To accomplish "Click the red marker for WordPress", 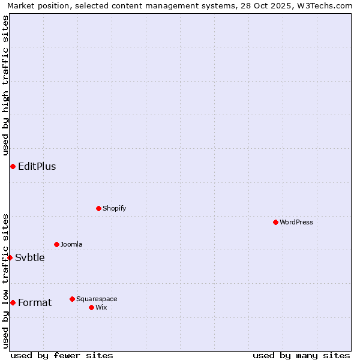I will pyautogui.click(x=275, y=222).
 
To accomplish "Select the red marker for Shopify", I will pyautogui.click(x=98, y=208).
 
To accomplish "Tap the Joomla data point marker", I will pyautogui.click(x=56, y=244).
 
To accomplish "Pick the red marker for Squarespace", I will pyautogui.click(x=72, y=299).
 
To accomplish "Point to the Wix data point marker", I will pyautogui.click(x=91, y=307).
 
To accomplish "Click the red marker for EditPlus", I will pyautogui.click(x=13, y=166).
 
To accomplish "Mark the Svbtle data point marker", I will pyautogui.click(x=10, y=257).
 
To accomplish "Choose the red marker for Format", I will pyautogui.click(x=13, y=302).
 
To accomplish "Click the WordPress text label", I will pyautogui.click(x=296, y=222).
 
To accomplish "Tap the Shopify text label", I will pyautogui.click(x=114, y=208).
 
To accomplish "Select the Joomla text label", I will pyautogui.click(x=71, y=244).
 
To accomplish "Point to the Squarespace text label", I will pyautogui.click(x=97, y=299).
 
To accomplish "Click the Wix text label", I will pyautogui.click(x=101, y=307).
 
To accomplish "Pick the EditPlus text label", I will pyautogui.click(x=37, y=166).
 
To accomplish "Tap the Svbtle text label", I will pyautogui.click(x=30, y=257).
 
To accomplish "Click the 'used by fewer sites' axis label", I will pyautogui.click(x=62, y=355).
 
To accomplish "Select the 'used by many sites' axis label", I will pyautogui.click(x=301, y=355).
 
